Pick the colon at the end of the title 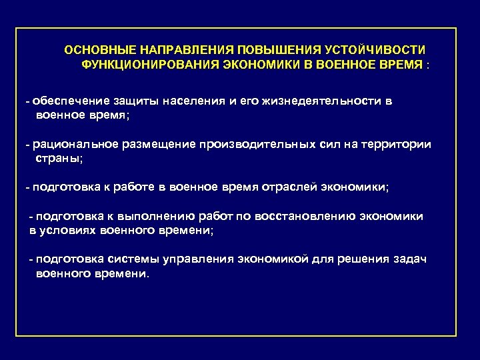(x=429, y=66)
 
